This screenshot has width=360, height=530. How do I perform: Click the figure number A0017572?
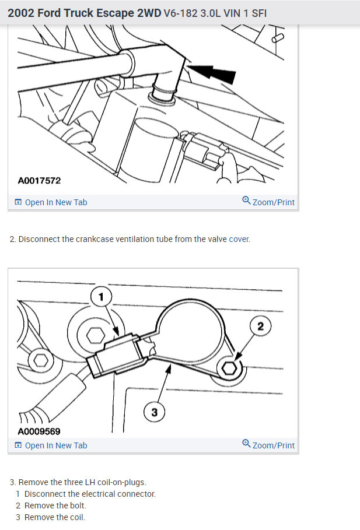(x=39, y=181)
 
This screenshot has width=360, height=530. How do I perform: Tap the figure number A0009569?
(x=39, y=431)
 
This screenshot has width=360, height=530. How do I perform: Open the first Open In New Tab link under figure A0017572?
(x=51, y=202)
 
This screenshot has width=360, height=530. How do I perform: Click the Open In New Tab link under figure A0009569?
(x=51, y=445)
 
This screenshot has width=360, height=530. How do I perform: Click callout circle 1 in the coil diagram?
(x=101, y=297)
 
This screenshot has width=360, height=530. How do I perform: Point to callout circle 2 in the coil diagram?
(x=260, y=327)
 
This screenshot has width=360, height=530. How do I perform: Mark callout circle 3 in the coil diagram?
(x=154, y=412)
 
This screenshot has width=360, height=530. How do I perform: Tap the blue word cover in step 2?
(x=239, y=240)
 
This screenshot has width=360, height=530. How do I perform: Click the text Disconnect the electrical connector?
(x=90, y=494)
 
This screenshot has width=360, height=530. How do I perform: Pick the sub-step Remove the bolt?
(x=55, y=506)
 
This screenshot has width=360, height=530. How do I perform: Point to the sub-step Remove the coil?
(x=54, y=517)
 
